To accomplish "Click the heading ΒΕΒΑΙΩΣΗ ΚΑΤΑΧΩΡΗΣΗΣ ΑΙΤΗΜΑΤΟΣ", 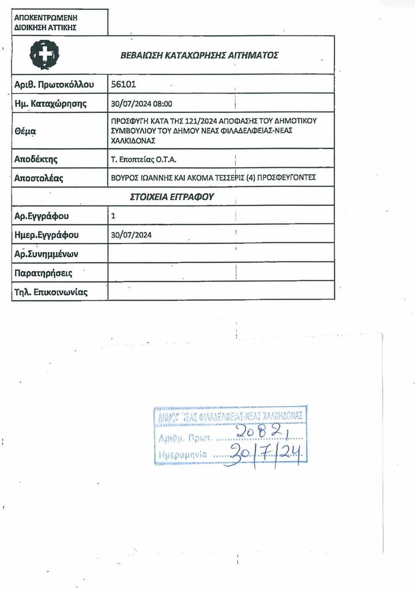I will (199, 55).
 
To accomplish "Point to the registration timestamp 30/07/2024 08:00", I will (141, 104).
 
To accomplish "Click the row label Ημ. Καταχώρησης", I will (50, 104).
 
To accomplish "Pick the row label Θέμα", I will (25, 131).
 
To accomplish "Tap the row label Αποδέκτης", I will (36, 159).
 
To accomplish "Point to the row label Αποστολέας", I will (39, 178).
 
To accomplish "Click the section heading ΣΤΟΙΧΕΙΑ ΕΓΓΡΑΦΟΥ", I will (179, 197).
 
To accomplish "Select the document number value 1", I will (113, 216).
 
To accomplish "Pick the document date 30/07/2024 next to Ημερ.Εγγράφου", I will (131, 235).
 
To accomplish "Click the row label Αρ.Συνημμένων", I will (46, 254).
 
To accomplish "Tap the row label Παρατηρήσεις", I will (43, 272).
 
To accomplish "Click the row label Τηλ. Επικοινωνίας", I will (51, 291).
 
